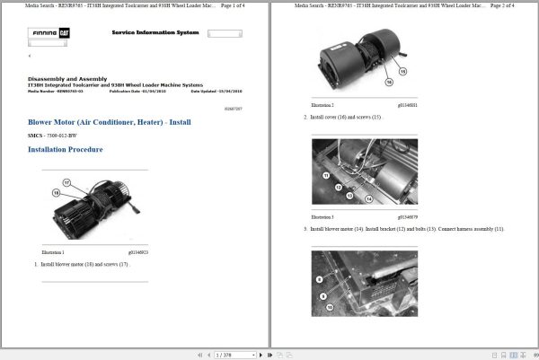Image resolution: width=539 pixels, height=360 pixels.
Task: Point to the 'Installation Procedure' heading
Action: click(66, 149)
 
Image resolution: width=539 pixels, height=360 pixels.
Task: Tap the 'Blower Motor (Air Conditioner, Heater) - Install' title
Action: click(110, 120)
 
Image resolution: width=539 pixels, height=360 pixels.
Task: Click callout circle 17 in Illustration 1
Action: click(66, 183)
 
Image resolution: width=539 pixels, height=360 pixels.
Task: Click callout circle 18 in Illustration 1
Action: click(56, 192)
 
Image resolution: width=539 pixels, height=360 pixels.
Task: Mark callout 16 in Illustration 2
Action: click(389, 81)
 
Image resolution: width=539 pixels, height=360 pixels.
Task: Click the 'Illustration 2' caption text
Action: click(323, 105)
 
